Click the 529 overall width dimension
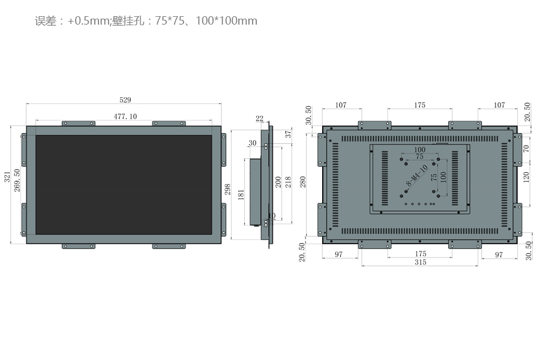pyautogui.click(x=125, y=100)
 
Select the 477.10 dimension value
pyautogui.click(x=125, y=116)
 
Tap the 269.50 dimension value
pyautogui.click(x=17, y=180)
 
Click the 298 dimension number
pyautogui.click(x=227, y=190)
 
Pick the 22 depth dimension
pyautogui.click(x=259, y=118)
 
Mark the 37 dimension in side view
pyautogui.click(x=287, y=134)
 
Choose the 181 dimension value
pyautogui.click(x=241, y=195)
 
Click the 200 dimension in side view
pyautogui.click(x=278, y=182)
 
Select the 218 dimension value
pyautogui.click(x=288, y=182)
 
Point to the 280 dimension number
pyautogui.click(x=304, y=181)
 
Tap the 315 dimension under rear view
pyautogui.click(x=420, y=262)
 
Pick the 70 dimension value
pyautogui.click(x=526, y=148)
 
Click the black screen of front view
pyautogui.click(x=124, y=184)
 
